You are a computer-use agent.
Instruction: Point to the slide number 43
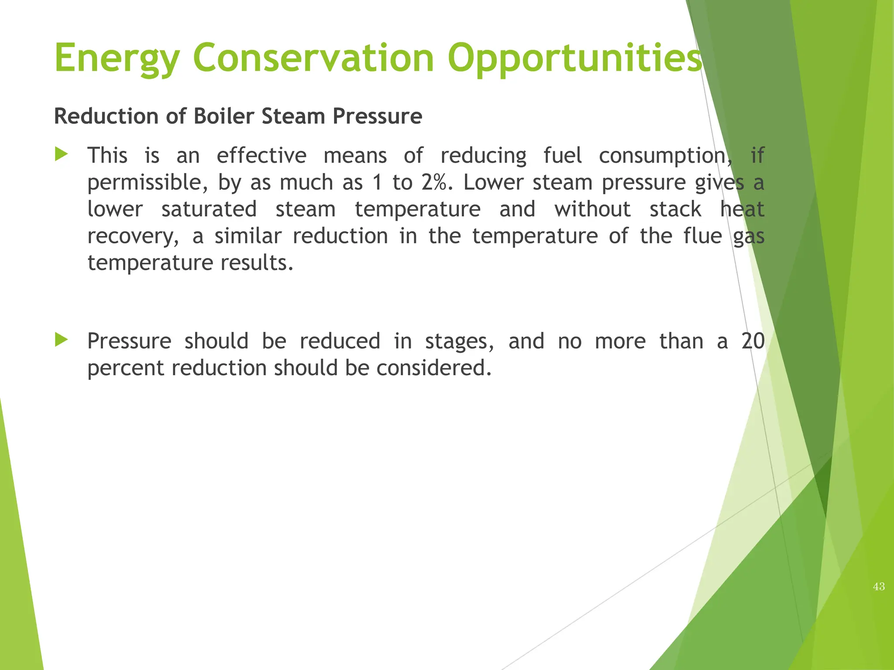(879, 587)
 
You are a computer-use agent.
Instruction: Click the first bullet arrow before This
(62, 154)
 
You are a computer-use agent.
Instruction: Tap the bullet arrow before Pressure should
(62, 340)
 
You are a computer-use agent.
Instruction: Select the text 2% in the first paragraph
(434, 182)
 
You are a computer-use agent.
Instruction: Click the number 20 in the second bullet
(753, 341)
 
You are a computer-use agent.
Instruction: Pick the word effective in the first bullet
(261, 156)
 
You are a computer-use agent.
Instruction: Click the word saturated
(209, 209)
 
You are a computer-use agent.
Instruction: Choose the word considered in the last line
(434, 368)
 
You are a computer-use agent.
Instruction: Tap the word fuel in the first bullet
(562, 156)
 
